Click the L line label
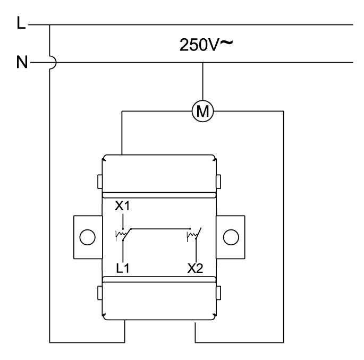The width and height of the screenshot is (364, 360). coord(21,23)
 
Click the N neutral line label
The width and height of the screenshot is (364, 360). coord(22,62)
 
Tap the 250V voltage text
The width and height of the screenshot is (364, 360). coord(199,45)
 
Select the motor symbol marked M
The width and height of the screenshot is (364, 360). coord(202,111)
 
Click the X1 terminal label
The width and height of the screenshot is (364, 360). coord(122,205)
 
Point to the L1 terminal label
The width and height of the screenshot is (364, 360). coord(123,268)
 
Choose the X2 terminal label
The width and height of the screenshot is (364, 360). coord(195,268)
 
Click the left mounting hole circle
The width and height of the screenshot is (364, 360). coord(87,237)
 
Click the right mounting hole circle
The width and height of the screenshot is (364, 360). coord(231,237)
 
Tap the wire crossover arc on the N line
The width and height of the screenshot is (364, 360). coord(53,63)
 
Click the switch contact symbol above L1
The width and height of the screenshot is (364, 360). coord(123,235)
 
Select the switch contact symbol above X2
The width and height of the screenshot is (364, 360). coord(194,235)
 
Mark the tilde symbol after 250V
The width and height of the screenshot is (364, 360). coord(226,42)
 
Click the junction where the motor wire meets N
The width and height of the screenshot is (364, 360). coord(202,63)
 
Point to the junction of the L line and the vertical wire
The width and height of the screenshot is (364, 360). coord(49,24)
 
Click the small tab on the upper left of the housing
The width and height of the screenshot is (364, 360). coord(100,182)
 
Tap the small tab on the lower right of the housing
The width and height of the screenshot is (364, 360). coord(218,293)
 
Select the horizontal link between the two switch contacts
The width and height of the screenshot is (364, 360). coord(160,229)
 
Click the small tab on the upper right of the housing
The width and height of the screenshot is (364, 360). coord(218,182)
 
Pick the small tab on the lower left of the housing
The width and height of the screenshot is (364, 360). coord(100,293)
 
